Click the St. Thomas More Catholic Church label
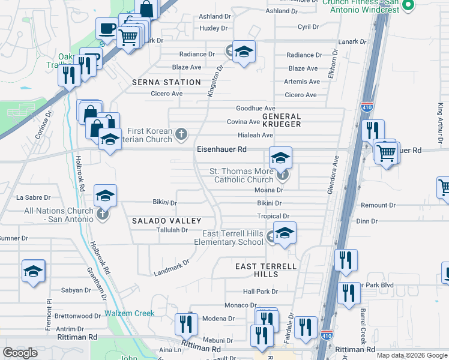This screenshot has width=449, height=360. point(241,175)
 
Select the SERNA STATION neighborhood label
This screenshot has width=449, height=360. point(166,82)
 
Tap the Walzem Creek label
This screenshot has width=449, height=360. point(130,313)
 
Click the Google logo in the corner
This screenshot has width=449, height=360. point(20,353)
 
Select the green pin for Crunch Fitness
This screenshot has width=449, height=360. point(409,5)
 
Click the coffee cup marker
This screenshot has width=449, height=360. point(107,28)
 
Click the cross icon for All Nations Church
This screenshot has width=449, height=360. point(103,214)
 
